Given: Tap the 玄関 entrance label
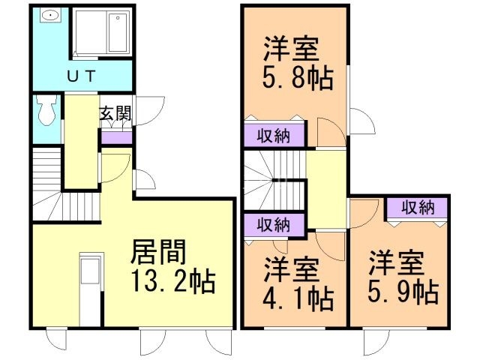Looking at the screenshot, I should click(x=116, y=115).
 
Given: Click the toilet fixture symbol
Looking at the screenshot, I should click(x=44, y=111).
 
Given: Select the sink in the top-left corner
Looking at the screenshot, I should click(x=51, y=16).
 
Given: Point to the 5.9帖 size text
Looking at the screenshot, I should click(x=403, y=291).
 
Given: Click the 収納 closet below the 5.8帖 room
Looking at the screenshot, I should click(x=274, y=136).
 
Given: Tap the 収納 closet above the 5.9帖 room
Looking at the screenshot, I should click(x=417, y=207).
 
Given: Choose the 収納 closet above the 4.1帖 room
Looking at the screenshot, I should click(x=274, y=224).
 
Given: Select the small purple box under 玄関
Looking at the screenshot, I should click(x=115, y=137).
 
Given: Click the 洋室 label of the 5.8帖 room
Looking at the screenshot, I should click(x=291, y=49).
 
